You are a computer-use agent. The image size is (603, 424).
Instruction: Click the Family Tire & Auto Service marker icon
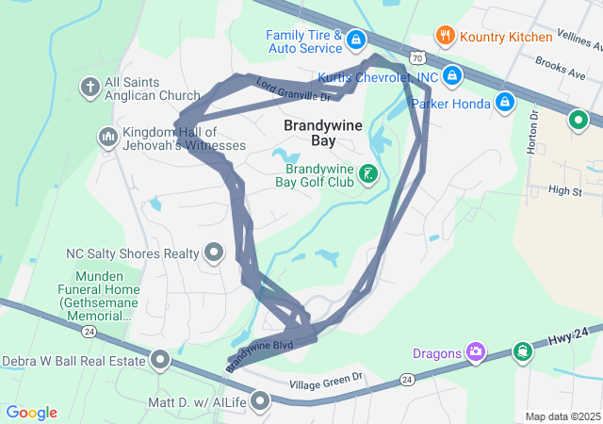(356, 40)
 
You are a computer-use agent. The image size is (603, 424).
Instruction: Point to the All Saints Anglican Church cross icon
(90, 87)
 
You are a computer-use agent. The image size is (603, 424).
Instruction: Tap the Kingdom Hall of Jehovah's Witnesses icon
(107, 139)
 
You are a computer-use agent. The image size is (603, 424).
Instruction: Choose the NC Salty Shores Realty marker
(214, 252)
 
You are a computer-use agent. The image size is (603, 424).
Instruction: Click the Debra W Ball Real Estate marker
(160, 359)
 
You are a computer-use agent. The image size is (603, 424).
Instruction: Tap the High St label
(564, 191)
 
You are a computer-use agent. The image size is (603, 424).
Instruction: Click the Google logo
(32, 413)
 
